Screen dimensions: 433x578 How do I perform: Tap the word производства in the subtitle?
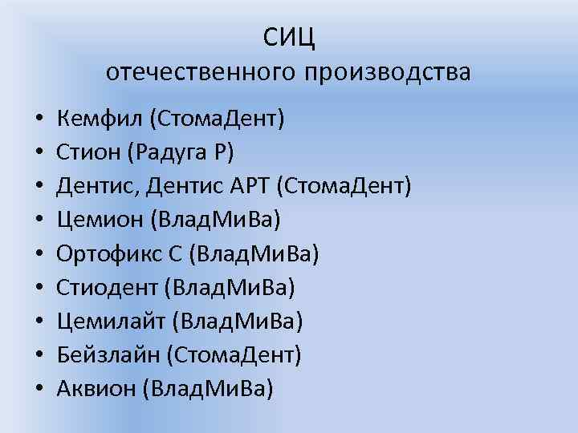389,73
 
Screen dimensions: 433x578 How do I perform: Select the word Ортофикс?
103,254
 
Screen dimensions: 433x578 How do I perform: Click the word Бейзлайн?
104,355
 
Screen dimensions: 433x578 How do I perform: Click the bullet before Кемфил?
38,120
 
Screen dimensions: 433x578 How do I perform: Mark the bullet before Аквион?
38,390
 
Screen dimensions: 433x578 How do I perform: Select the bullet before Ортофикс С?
38,255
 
